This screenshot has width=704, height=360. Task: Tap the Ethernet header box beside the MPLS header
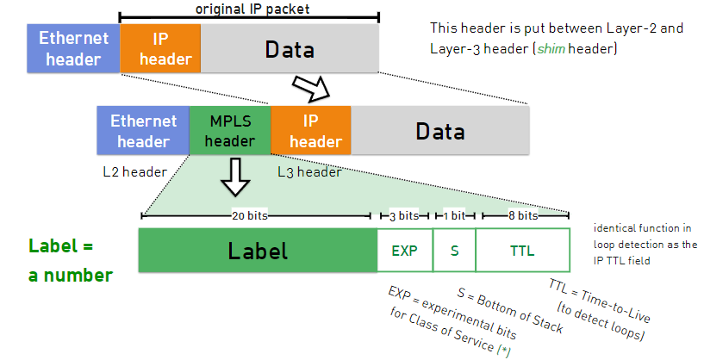coord(143,131)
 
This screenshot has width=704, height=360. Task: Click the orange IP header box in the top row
coord(160,48)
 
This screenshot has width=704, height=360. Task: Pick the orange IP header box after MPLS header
coord(310,131)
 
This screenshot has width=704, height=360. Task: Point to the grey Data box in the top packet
coord(290,48)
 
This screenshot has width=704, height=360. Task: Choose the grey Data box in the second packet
coord(439,131)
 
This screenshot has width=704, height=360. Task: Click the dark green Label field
coord(258,251)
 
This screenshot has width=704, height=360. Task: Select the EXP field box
coord(404,251)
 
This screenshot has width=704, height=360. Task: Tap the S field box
coord(454,251)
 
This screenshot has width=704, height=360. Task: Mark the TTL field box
coord(522,251)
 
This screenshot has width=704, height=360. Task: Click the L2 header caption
coord(134,171)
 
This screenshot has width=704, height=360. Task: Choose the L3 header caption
coord(309,171)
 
